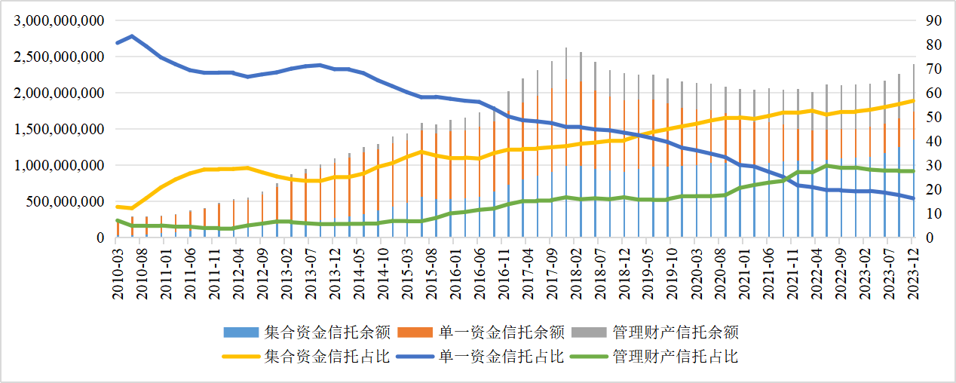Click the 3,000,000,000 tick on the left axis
[57, 21]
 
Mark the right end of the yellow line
[914, 100]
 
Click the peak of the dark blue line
[132, 36]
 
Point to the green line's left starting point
[117, 220]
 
